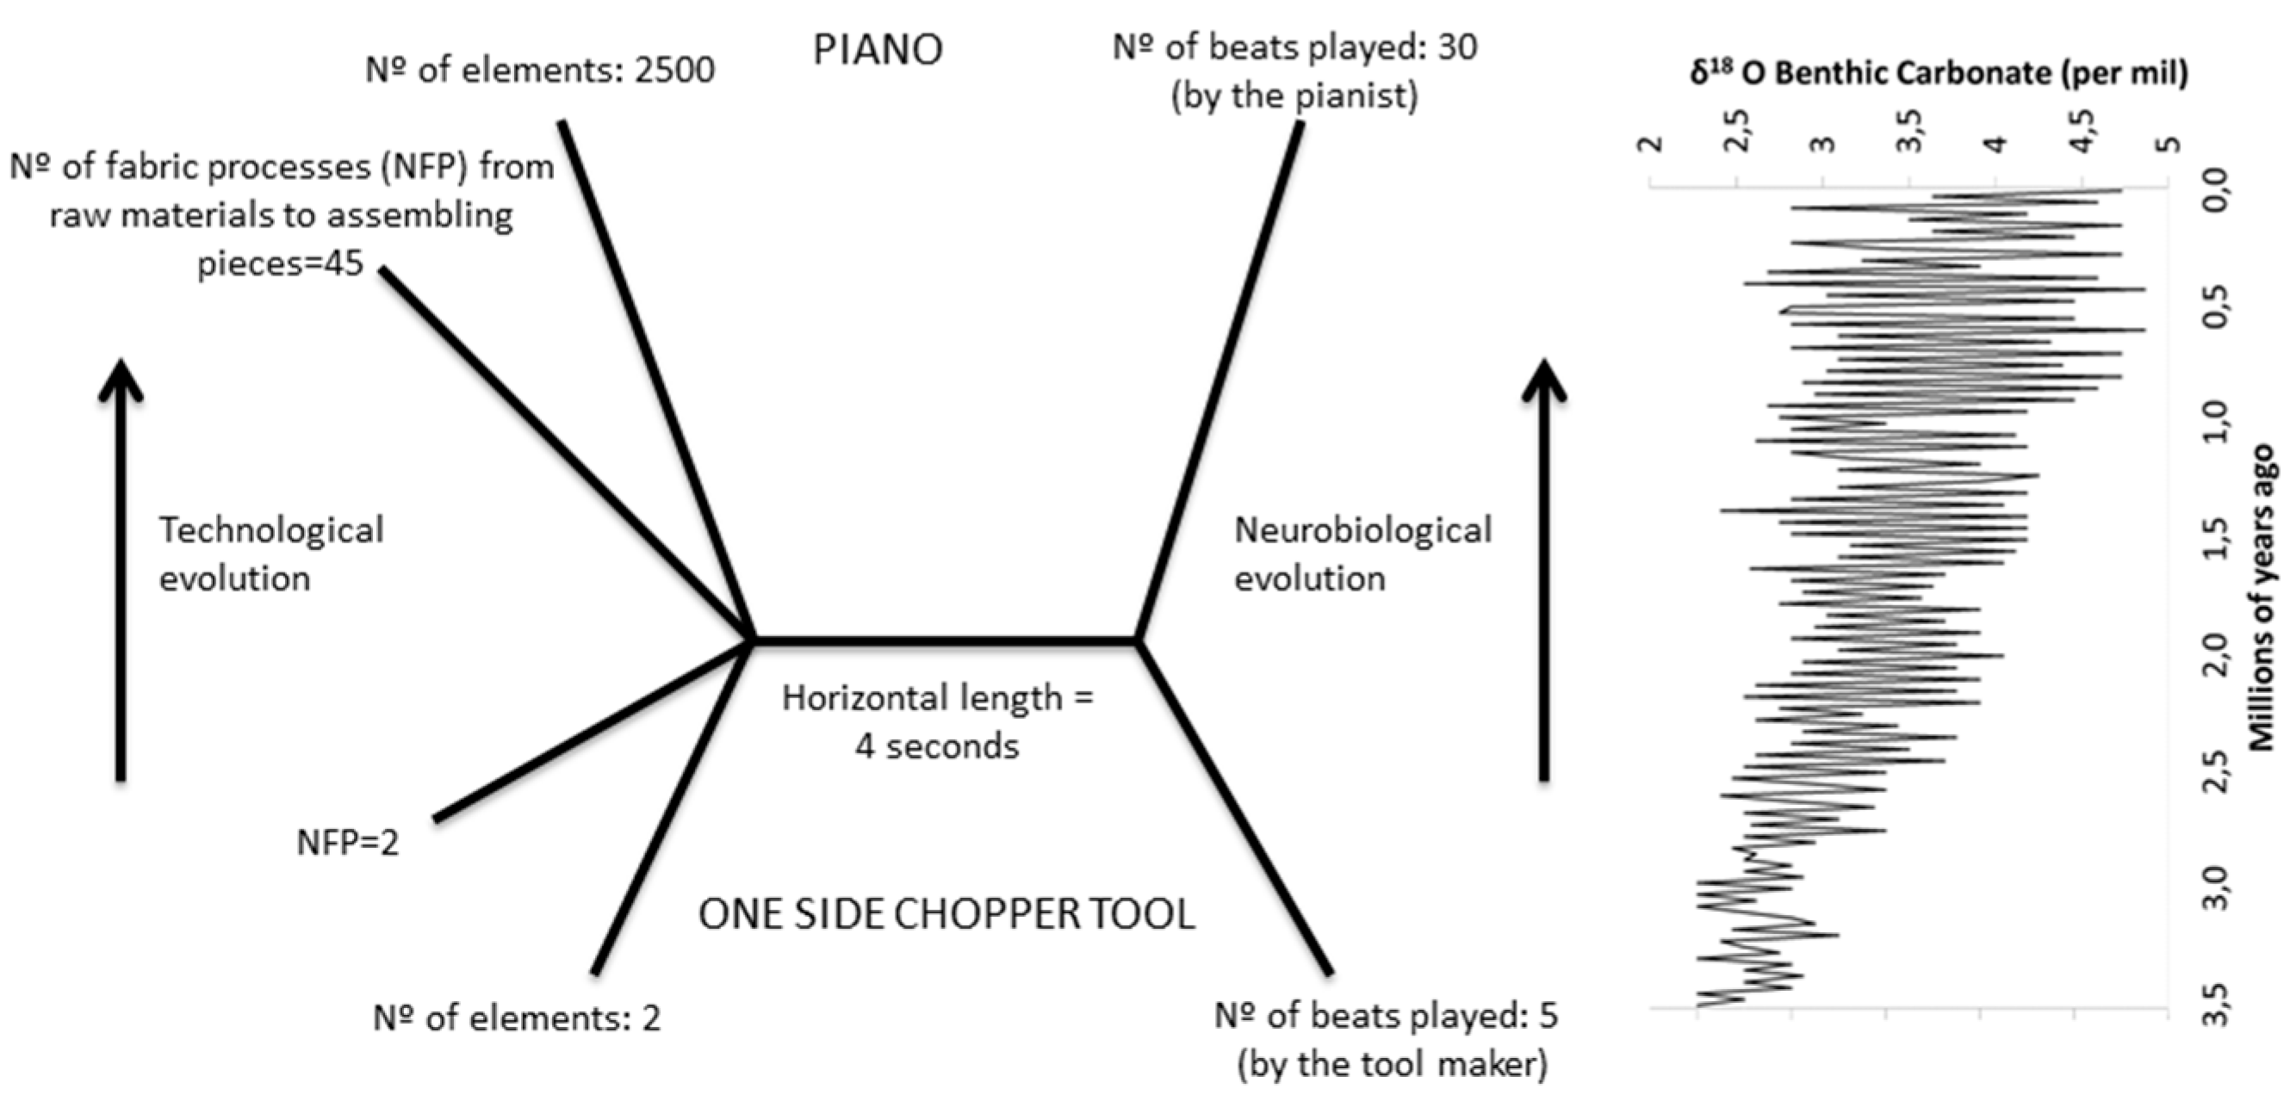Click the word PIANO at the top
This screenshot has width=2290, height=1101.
point(878,50)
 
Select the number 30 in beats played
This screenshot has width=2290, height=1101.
point(1457,47)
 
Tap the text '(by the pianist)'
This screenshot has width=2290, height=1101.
point(1294,96)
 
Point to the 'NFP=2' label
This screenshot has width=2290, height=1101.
point(348,843)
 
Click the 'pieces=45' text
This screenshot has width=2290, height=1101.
point(280,264)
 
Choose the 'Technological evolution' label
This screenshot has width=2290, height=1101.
point(271,554)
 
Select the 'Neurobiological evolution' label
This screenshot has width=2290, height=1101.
point(1362,554)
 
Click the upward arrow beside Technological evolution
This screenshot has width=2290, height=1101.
point(121,569)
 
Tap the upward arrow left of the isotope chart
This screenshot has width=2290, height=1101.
point(1544,569)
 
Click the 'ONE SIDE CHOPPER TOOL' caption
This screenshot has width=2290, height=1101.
point(946,914)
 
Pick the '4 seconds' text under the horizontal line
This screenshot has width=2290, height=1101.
point(937,746)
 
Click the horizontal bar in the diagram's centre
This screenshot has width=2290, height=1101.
point(945,639)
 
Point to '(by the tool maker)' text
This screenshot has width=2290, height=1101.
point(1392,1064)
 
